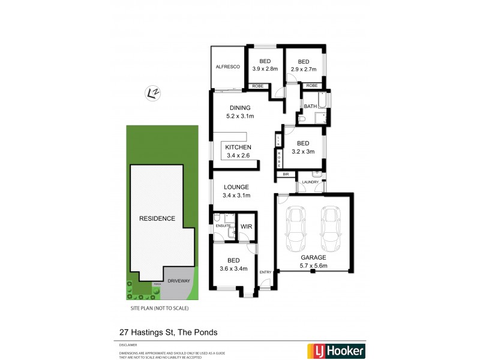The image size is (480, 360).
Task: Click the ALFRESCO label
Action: click(228, 67)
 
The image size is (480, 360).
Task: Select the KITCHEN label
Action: click(238, 147)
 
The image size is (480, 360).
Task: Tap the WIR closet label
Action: click(246, 226)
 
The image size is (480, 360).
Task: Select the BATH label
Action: click(310, 106)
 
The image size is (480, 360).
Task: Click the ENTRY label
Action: click(265, 272)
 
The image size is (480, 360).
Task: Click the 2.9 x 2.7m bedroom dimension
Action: click(304, 70)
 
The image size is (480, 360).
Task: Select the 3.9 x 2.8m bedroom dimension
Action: click(265, 70)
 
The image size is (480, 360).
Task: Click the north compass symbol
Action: click(153, 92)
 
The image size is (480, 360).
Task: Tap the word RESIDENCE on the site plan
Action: click(157, 218)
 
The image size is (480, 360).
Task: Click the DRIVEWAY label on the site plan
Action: click(179, 280)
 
